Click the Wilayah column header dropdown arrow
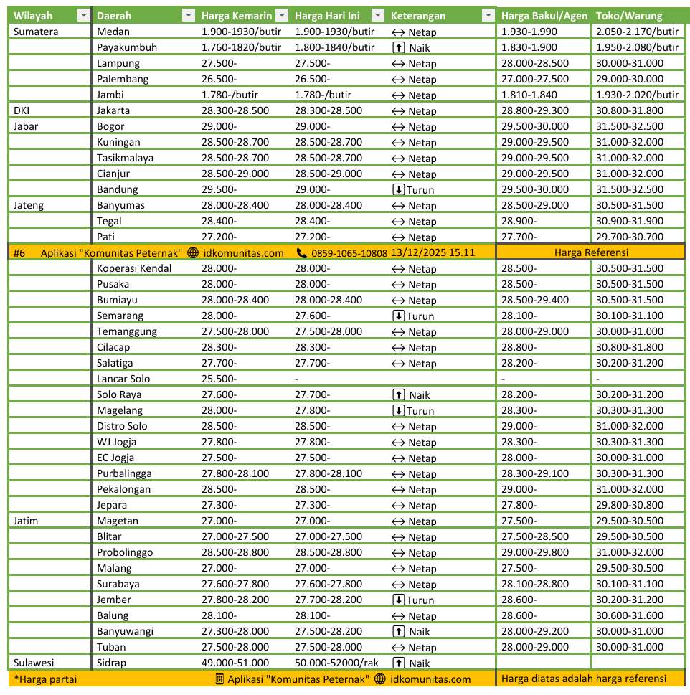pyautogui.click(x=83, y=16)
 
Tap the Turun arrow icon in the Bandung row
pyautogui.click(x=398, y=189)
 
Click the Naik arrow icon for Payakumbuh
pyautogui.click(x=398, y=47)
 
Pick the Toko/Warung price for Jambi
pyautogui.click(x=637, y=95)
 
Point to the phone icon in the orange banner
pyautogui.click(x=301, y=252)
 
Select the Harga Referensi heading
pyautogui.click(x=591, y=252)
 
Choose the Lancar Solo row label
pyautogui.click(x=123, y=379)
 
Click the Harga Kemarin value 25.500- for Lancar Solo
pyautogui.click(x=219, y=379)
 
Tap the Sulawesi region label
pyautogui.click(x=34, y=663)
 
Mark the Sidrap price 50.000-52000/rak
pyautogui.click(x=336, y=663)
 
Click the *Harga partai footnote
pyautogui.click(x=45, y=679)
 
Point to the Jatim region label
pyautogui.click(x=26, y=521)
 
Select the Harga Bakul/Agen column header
pyautogui.click(x=544, y=16)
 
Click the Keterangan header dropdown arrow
pyautogui.click(x=488, y=16)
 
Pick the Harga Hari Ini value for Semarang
pyautogui.click(x=312, y=316)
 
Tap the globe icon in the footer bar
pyautogui.click(x=380, y=679)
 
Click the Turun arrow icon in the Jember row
pyautogui.click(x=398, y=600)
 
